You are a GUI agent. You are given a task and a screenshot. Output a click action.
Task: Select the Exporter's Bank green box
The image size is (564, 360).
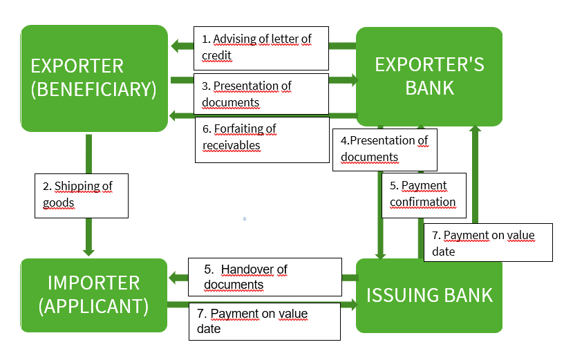(x=429, y=76)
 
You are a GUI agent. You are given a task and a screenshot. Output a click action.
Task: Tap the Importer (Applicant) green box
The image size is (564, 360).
(x=94, y=294)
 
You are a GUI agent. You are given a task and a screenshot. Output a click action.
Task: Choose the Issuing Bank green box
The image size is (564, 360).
(x=429, y=295)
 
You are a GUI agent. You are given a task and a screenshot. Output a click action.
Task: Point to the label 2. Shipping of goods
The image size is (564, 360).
(x=82, y=195)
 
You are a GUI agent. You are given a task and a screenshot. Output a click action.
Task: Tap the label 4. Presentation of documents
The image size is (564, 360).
(x=385, y=149)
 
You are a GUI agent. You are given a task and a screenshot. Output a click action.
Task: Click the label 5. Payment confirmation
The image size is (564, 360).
(x=424, y=194)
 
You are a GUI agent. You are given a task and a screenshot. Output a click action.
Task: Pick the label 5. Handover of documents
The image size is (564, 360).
(x=265, y=276)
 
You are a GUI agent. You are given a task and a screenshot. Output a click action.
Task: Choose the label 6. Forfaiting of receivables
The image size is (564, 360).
(x=261, y=137)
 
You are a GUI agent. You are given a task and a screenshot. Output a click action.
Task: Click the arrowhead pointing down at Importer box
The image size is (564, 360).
(x=88, y=251)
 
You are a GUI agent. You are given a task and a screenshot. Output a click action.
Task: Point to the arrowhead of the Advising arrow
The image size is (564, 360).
(x=175, y=46)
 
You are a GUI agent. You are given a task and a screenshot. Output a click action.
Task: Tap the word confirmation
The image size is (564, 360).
(x=422, y=202)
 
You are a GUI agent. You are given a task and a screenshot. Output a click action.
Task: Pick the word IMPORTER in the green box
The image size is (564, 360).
(x=94, y=283)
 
